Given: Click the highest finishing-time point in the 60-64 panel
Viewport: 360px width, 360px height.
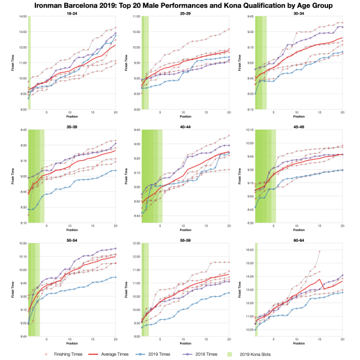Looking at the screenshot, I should [x=319, y=251].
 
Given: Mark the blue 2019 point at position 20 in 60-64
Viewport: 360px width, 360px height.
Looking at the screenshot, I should [x=342, y=292].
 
